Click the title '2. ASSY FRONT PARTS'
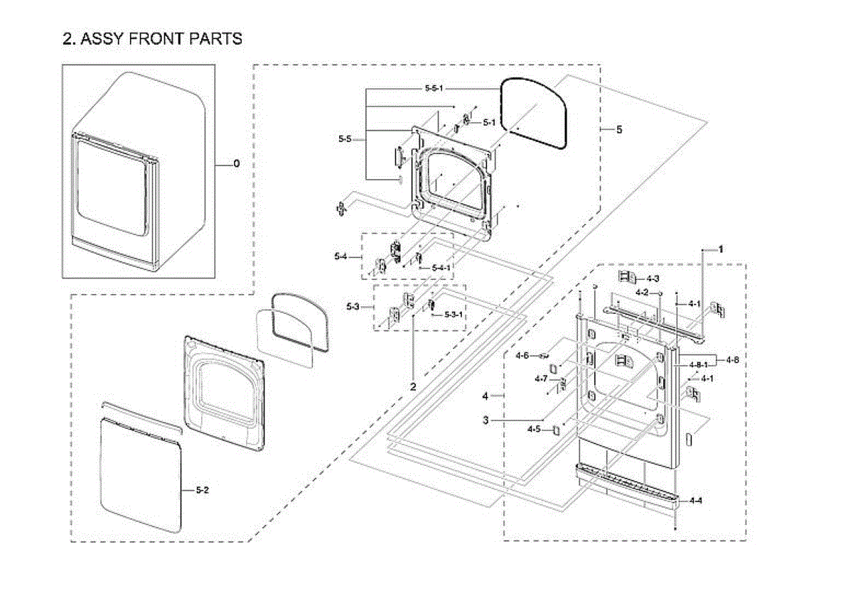point(152,39)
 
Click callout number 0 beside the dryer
point(237,164)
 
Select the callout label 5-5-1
point(429,88)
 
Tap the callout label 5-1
point(489,122)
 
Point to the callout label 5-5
point(345,139)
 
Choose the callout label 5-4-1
point(441,268)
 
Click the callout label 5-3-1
point(454,314)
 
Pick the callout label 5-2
point(203,491)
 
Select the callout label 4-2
point(642,293)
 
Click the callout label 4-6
point(522,355)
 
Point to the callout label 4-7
point(541,379)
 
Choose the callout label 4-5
point(534,429)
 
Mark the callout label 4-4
point(696,500)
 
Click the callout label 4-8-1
point(697,364)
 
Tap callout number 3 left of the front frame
point(485,420)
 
